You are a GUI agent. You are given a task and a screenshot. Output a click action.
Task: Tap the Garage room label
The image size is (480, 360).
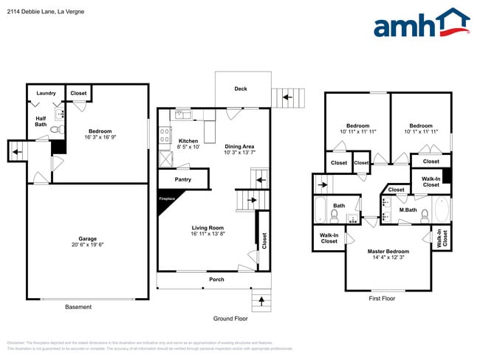[x=88, y=239]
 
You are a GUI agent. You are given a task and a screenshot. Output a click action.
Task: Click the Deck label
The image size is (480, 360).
[x=241, y=89]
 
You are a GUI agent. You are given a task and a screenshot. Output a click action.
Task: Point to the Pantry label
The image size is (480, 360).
[x=183, y=179]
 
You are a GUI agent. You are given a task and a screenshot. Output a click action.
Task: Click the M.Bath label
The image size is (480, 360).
[x=408, y=210]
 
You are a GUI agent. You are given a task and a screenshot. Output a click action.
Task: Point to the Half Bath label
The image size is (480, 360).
[x=41, y=120]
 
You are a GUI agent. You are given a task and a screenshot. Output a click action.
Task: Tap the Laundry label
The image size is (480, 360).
[x=46, y=93]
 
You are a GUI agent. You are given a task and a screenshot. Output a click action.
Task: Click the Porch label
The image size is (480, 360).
[x=217, y=280]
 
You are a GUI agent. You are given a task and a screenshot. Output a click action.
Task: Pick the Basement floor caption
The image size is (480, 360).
[x=78, y=307]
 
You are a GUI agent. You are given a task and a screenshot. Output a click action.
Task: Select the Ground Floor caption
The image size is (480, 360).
[x=230, y=319]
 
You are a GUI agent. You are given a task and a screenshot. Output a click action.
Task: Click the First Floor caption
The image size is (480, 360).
[x=383, y=299]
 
